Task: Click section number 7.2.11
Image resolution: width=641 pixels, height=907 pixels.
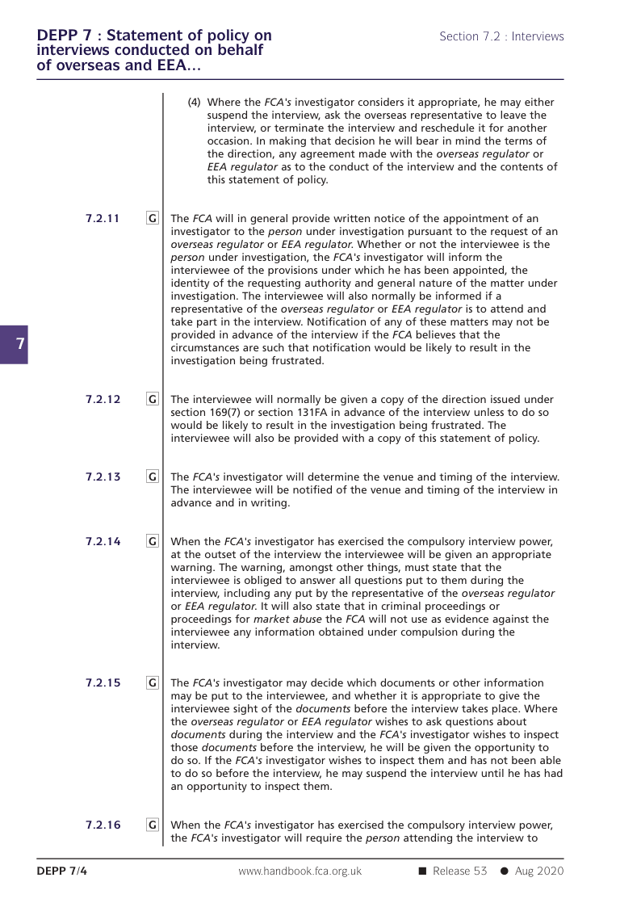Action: click(x=103, y=218)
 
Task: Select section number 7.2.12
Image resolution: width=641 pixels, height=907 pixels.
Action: click(x=103, y=399)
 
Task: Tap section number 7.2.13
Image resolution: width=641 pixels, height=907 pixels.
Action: click(x=103, y=477)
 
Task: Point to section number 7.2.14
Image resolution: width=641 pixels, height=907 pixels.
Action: click(x=103, y=541)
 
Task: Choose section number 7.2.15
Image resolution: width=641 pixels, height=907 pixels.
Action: click(x=103, y=682)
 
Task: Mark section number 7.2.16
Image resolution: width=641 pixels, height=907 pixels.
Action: click(x=103, y=825)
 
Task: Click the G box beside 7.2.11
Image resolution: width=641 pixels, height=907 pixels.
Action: click(x=153, y=218)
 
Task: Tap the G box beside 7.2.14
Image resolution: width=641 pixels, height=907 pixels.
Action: click(x=153, y=541)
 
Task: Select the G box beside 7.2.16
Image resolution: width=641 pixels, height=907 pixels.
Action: click(x=153, y=825)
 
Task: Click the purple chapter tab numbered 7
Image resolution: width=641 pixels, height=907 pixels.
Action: click(x=14, y=345)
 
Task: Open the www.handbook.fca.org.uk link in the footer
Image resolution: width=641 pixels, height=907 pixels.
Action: click(x=300, y=871)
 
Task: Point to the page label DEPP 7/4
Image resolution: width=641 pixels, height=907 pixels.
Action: click(x=61, y=871)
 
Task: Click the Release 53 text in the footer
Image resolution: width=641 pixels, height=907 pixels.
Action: click(x=459, y=871)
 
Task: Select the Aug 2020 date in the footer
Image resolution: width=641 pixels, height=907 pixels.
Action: click(x=538, y=871)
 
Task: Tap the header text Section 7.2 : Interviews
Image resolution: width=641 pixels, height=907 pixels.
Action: click(x=501, y=36)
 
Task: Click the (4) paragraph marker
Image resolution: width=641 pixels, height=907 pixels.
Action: click(x=194, y=103)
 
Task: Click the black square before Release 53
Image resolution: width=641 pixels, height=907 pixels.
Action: click(x=421, y=871)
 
